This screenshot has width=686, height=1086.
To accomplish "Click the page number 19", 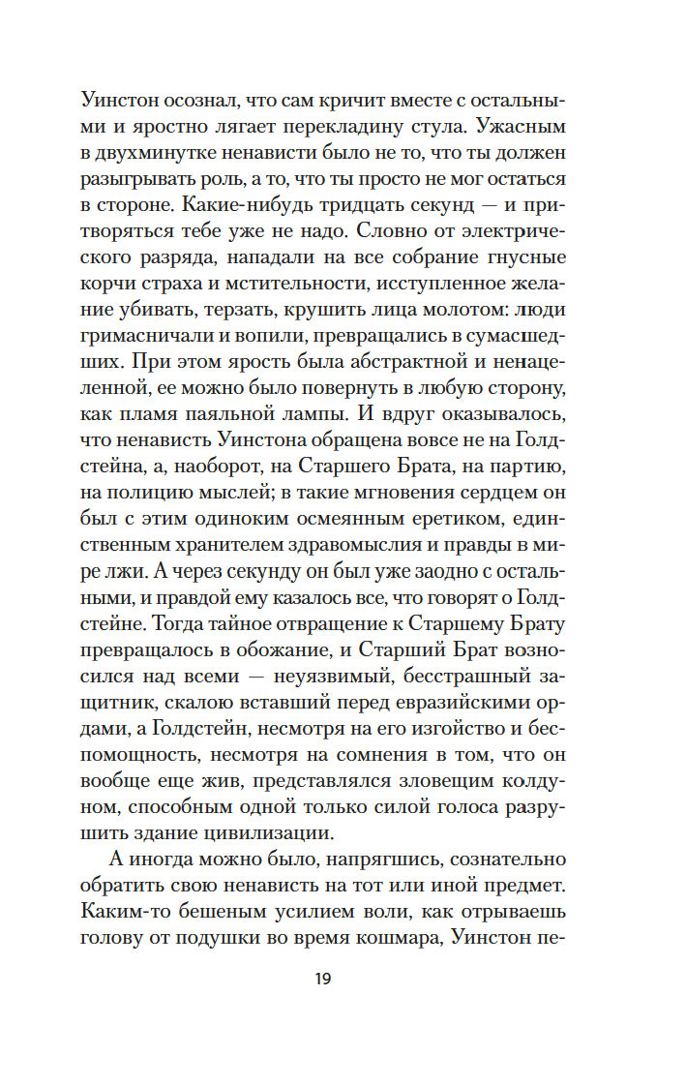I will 323,979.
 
